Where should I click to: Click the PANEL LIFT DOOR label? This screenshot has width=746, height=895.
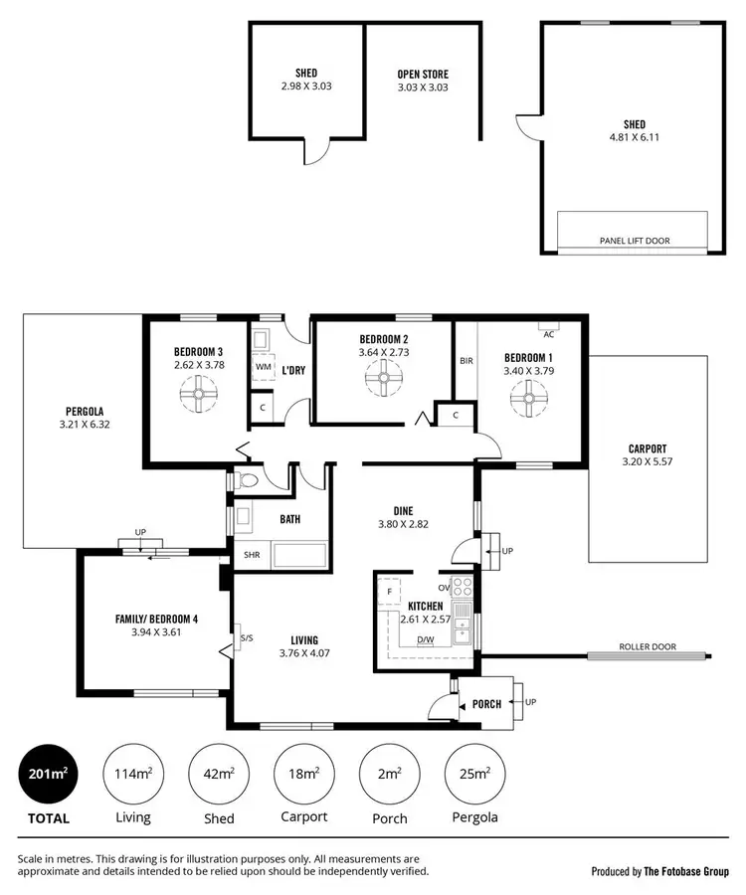pyautogui.click(x=635, y=241)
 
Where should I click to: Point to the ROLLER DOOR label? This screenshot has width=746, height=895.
pyautogui.click(x=647, y=646)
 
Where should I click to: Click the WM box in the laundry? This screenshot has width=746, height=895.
pyautogui.click(x=263, y=367)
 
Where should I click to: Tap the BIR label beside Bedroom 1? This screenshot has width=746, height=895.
pyautogui.click(x=466, y=360)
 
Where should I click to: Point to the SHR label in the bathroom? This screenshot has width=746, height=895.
pyautogui.click(x=251, y=555)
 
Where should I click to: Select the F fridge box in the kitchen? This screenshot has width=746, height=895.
pyautogui.click(x=390, y=591)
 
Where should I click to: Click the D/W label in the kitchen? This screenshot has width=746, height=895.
pyautogui.click(x=425, y=639)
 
